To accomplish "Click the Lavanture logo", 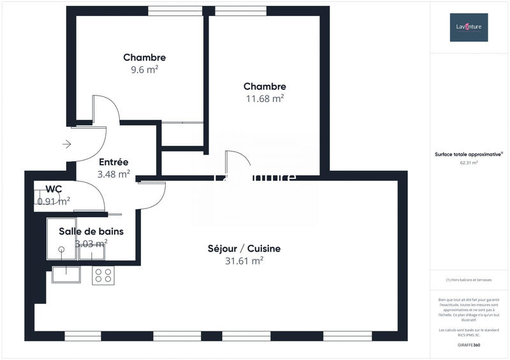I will pyautogui.click(x=469, y=27).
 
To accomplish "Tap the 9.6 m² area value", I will pyautogui.click(x=145, y=70).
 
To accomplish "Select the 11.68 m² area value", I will pyautogui.click(x=265, y=99).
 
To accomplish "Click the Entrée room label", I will pyautogui.click(x=113, y=162).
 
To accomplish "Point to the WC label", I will pyautogui.click(x=54, y=189).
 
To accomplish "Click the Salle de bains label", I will pyautogui.click(x=91, y=231).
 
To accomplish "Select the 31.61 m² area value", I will pyautogui.click(x=244, y=261).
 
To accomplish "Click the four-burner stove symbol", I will pyautogui.click(x=103, y=275).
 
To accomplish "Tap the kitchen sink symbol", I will pyautogui.click(x=66, y=275).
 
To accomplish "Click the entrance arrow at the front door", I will pyautogui.click(x=66, y=145).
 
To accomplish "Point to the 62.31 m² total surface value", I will pyautogui.click(x=469, y=162).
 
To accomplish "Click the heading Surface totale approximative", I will pyautogui.click(x=469, y=154).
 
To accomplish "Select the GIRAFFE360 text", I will pyautogui.click(x=469, y=345).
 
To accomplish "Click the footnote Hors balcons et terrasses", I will pyautogui.click(x=469, y=280).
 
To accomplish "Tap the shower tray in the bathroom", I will pyautogui.click(x=61, y=240).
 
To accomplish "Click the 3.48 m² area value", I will pyautogui.click(x=113, y=173).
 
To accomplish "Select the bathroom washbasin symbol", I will pyautogui.click(x=92, y=252).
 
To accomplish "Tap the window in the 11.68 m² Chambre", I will pyautogui.click(x=240, y=10).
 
